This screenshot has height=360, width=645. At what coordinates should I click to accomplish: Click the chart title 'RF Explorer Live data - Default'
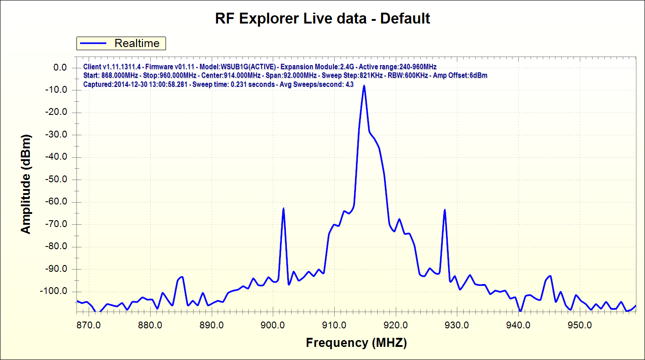click(x=322, y=19)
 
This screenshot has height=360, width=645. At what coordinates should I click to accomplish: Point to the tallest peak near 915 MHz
click(x=364, y=85)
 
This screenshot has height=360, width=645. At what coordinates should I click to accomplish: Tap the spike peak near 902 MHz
click(x=283, y=208)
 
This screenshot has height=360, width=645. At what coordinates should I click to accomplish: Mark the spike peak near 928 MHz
click(x=445, y=209)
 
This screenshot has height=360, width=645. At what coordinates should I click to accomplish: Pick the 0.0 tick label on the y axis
click(x=60, y=68)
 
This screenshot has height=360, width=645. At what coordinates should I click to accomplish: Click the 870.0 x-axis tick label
click(x=88, y=325)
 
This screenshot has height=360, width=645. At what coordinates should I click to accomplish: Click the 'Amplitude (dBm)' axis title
click(x=26, y=184)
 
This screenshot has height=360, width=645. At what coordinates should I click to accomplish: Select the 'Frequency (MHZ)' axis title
click(x=356, y=343)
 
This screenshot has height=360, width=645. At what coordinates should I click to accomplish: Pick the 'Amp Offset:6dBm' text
click(x=460, y=75)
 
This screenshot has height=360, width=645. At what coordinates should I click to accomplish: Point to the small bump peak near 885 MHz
click(x=181, y=277)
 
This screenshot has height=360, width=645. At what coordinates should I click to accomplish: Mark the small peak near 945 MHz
click(x=550, y=275)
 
